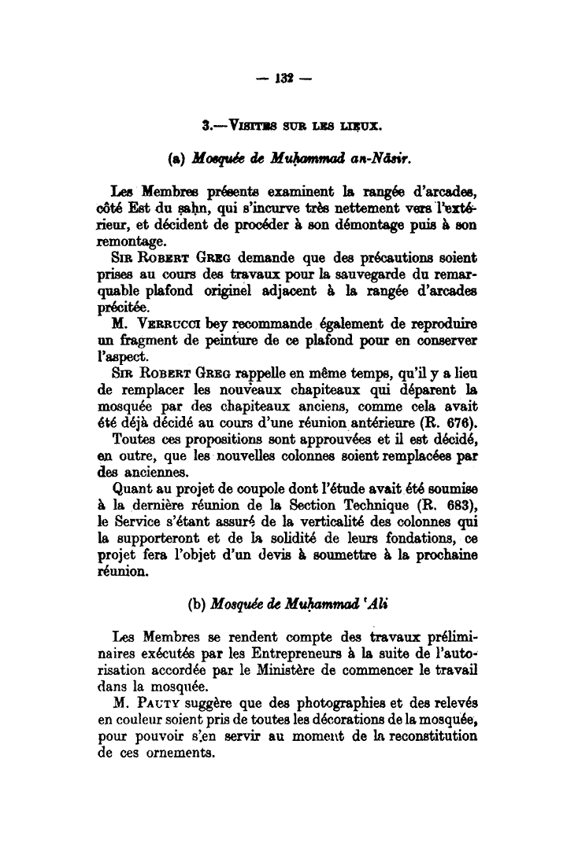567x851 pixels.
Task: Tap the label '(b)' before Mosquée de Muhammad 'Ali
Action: pyautogui.click(x=197, y=605)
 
